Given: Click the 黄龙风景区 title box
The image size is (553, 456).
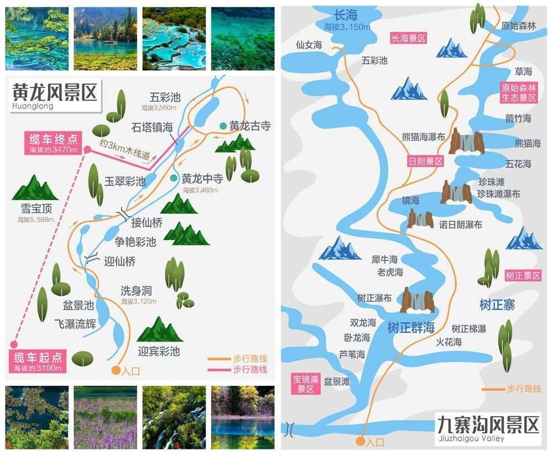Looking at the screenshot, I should pos(54,95).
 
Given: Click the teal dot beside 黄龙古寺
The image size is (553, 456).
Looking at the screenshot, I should pos(222,126).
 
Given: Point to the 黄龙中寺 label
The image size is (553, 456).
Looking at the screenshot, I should pos(202,178).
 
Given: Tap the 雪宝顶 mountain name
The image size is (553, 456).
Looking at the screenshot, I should pos(36,209).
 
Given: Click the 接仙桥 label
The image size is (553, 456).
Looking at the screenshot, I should pos(147,223).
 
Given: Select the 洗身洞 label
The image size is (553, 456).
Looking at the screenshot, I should pos(136,291).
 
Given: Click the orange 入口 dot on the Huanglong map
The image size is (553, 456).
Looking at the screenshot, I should pos(116,370).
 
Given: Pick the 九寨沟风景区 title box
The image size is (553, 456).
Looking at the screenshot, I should pos(488,428).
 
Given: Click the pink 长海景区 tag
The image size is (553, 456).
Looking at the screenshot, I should pos(409,38).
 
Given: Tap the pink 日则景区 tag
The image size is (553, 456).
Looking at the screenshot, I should pos(425,161).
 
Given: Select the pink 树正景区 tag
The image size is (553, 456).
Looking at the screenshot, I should pos(523,275).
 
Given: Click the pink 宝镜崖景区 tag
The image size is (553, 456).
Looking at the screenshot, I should pos(306,384).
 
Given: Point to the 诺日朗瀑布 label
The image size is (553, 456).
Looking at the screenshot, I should pos(460,225).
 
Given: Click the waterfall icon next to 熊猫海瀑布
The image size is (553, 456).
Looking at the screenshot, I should pos(467,141).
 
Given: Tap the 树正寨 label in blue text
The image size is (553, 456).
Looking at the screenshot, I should pos(498,305).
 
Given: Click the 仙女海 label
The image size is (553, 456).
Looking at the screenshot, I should pos(309,45).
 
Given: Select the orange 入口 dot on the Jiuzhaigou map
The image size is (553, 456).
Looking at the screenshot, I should pos(360,442).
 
